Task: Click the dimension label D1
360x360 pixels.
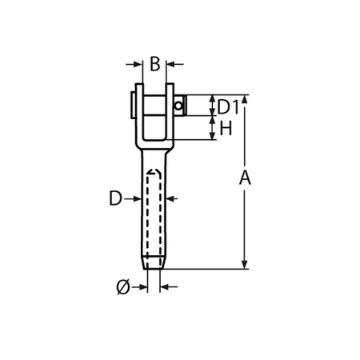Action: (228, 106)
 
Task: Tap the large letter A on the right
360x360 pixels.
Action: (246, 179)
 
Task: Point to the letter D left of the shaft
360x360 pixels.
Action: (116, 198)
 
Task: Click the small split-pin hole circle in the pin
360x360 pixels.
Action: (178, 103)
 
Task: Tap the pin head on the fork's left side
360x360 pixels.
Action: (131, 105)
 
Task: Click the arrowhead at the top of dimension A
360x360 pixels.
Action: (245, 101)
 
